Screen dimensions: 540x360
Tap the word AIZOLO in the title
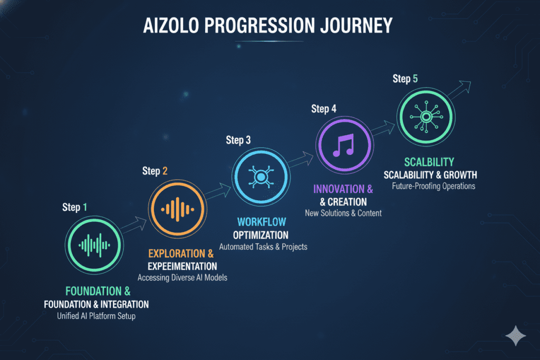pos(171,25)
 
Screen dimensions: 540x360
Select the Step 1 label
pos(75,207)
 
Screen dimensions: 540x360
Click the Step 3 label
pos(238,140)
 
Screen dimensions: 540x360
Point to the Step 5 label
pos(406,79)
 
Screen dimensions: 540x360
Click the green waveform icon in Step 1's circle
pos(94,245)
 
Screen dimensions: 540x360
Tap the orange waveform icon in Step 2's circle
pos(177,209)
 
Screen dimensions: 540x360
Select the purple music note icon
pos(344,145)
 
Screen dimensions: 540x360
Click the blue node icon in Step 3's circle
pos(261,177)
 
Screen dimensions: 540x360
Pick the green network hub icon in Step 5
pos(426,117)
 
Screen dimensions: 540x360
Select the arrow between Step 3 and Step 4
pos(301,159)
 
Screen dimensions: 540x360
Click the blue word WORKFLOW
pos(262,222)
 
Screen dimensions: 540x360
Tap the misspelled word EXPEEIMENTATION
pos(182,266)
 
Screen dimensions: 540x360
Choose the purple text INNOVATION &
pos(343,189)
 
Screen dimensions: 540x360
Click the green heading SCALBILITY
pos(429,162)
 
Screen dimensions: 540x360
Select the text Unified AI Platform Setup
pos(96,316)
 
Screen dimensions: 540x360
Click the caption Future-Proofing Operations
pos(433,186)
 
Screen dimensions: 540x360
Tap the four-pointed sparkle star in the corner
pos(516,336)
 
